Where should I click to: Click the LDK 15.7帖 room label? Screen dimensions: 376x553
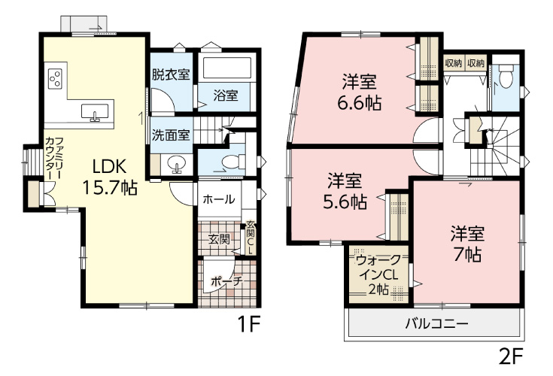click(114, 177)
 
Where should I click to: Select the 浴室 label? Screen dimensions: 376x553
click(225, 96)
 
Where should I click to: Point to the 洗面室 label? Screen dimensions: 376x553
click(170, 136)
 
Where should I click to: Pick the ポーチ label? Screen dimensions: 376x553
click(226, 281)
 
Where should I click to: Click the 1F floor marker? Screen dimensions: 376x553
click(249, 326)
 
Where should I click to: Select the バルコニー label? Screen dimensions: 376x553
click(437, 325)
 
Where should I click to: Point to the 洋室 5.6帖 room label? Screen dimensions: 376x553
click(346, 191)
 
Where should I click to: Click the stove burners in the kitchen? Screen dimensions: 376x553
click(56, 77)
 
